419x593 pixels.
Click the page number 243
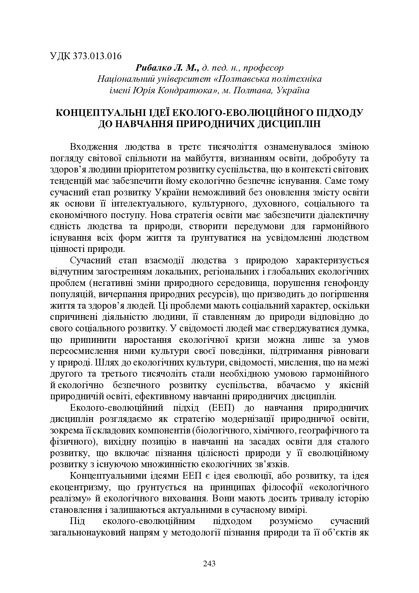pos(209,564)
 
